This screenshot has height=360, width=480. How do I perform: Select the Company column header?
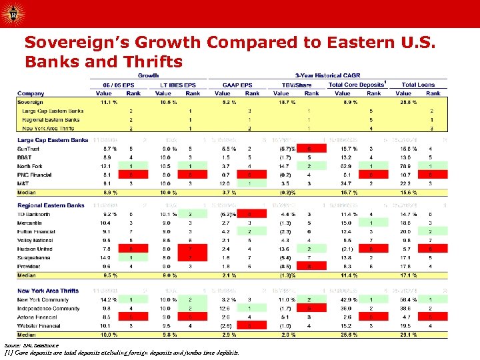(x=31, y=93)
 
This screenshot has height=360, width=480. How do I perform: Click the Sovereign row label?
(x=31, y=102)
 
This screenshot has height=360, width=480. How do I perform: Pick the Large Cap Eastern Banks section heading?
(x=53, y=140)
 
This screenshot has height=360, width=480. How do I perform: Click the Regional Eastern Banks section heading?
(x=51, y=205)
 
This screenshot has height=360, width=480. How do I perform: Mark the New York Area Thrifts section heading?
(x=49, y=290)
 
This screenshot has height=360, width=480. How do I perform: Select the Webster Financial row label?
(x=39, y=325)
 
